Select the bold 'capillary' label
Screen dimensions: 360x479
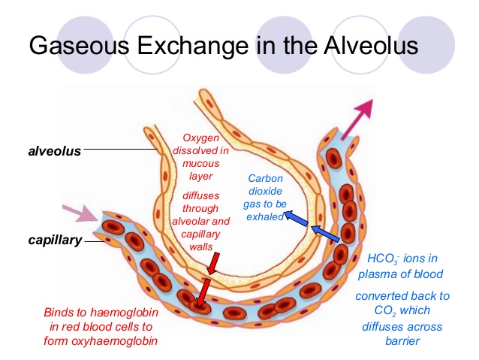[x=55, y=242]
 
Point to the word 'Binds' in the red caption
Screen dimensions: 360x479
[x=59, y=312]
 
